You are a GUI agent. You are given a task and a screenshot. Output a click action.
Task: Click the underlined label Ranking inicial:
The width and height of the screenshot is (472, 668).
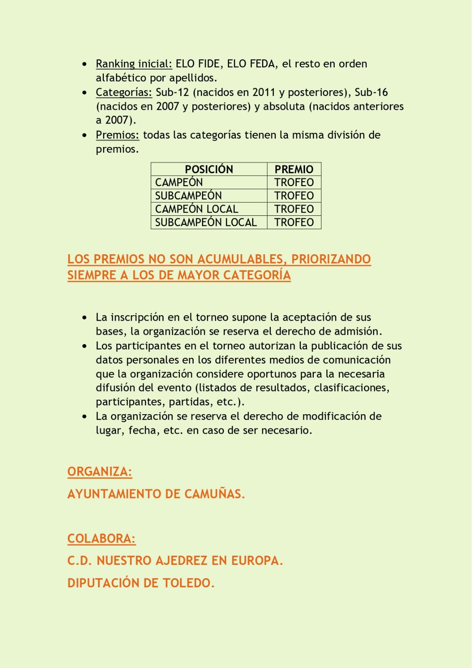134,64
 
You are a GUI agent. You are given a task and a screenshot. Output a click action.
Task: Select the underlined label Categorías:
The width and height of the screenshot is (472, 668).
124,92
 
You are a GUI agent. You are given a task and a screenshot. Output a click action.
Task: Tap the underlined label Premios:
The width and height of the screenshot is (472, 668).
117,135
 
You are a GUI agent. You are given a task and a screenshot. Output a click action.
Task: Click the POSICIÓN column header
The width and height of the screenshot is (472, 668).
209,169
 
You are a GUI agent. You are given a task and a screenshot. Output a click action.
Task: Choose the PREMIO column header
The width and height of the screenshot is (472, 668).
294,169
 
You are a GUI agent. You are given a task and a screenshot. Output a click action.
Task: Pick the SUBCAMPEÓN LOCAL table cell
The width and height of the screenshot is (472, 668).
206,222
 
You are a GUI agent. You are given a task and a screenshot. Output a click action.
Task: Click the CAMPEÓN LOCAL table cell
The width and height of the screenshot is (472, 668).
197,209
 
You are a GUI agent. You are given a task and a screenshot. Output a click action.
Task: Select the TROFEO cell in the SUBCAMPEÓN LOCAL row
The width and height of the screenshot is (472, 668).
294,222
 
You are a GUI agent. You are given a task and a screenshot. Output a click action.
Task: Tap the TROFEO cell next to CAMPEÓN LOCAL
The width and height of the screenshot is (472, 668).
294,209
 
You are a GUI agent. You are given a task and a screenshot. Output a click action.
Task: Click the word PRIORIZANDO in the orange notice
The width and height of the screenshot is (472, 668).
331,259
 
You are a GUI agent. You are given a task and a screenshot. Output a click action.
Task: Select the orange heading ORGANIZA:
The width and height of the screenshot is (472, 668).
100,472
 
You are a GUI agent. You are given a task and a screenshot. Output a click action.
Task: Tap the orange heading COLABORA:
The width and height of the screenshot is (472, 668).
101,539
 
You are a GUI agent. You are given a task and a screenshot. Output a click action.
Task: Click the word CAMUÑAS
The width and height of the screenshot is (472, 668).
215,494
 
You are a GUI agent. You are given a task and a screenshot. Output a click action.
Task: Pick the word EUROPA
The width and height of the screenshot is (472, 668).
257,561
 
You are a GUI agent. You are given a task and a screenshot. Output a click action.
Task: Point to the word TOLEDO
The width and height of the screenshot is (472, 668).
189,583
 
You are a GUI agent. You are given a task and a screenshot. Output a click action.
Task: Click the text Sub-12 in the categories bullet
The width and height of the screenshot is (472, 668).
172,92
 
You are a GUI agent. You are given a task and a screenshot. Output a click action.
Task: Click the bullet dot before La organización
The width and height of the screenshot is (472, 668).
85,417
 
